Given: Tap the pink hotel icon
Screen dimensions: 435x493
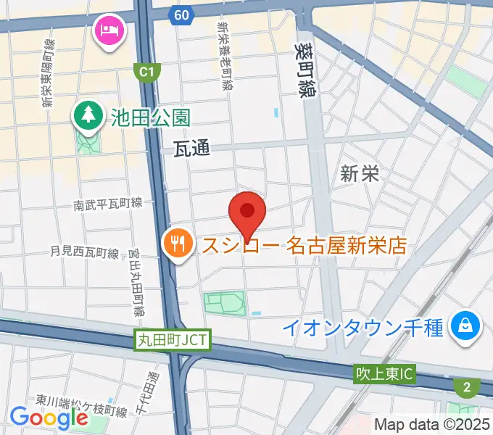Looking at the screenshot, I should pos(109,30).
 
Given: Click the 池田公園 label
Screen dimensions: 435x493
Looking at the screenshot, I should pos(151,116).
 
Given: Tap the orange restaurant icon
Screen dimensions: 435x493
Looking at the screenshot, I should pos(177,241).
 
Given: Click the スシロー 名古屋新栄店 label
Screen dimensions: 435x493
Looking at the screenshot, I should pos(304,246).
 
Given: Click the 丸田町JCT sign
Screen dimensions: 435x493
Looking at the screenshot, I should pos(172,339).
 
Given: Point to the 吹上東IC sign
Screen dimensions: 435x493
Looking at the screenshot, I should pos(384,375).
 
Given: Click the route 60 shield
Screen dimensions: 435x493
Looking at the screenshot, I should pos(183,14).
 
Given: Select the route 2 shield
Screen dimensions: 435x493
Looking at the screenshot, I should pos(465,387).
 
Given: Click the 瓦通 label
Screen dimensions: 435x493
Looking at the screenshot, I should pos(192,149).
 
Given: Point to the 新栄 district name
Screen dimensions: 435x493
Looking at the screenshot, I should pos(360,173).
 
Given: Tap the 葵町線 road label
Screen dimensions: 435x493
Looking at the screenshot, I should pos(304,67).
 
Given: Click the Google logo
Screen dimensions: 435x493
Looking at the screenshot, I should pos(49,418).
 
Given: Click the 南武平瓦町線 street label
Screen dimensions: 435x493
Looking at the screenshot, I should pos(108,205).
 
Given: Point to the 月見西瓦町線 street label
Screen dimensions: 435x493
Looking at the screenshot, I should pos(84,252).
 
